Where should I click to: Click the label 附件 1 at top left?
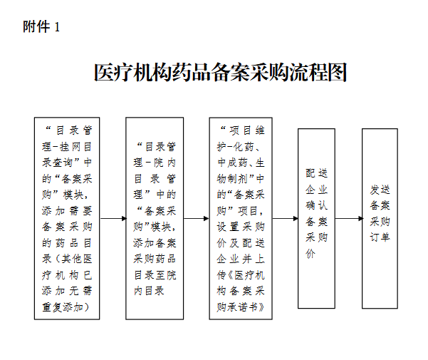pyautogui.click(x=41, y=27)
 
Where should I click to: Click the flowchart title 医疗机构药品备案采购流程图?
pyautogui.click(x=221, y=73)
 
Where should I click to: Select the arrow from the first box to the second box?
pyautogui.click(x=113, y=219)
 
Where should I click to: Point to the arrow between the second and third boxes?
pyautogui.click(x=197, y=219)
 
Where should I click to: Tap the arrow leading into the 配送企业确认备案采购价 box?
pyautogui.click(x=286, y=219)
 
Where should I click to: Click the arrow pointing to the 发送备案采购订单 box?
pyautogui.click(x=349, y=219)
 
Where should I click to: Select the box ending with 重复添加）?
pyautogui.click(x=67, y=219)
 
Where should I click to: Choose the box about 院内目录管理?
pyautogui.click(x=155, y=219)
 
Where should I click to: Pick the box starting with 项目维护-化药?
pyautogui.click(x=241, y=219)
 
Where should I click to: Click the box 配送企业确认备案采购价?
pyautogui.click(x=316, y=219)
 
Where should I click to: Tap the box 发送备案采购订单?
pyautogui.click(x=380, y=219)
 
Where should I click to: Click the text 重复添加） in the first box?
pyautogui.click(x=66, y=307)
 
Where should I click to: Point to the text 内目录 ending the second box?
pyautogui.click(x=149, y=291)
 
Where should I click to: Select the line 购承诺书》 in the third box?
pyautogui.click(x=241, y=307)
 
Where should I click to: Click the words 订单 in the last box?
pyautogui.click(x=380, y=237)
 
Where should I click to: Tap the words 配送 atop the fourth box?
pyautogui.click(x=316, y=173)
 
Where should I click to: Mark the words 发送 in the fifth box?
pyautogui.click(x=380, y=190)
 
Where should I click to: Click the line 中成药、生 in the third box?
pyautogui.click(x=241, y=163)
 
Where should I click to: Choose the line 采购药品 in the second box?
pyautogui.click(x=155, y=259)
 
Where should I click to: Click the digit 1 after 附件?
pyautogui.click(x=57, y=27)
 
